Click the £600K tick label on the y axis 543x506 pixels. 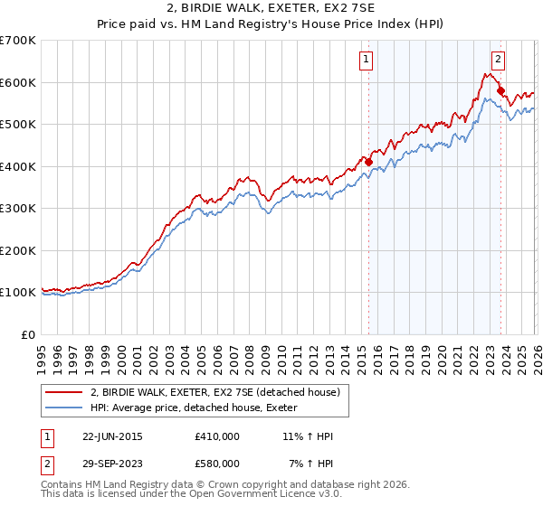click(18, 82)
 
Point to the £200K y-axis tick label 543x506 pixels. click(18, 250)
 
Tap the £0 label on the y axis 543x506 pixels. click(29, 334)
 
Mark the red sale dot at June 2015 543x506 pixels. click(368, 162)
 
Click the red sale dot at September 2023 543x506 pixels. click(500, 90)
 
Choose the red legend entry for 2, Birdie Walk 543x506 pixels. click(215, 392)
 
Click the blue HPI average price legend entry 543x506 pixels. click(199, 408)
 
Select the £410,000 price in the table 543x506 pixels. click(216, 436)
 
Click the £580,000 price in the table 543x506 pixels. click(216, 463)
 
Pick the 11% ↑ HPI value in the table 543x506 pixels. click(309, 436)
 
